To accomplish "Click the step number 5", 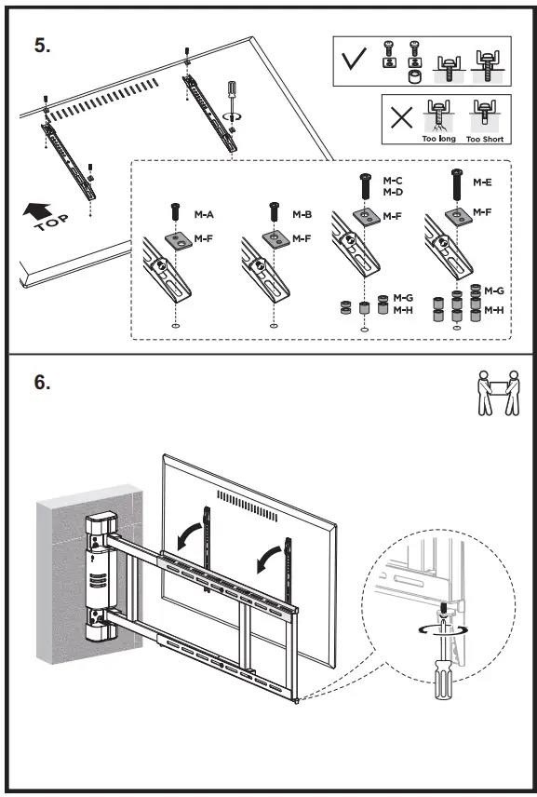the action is pyautogui.click(x=42, y=46).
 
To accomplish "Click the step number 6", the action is pyautogui.click(x=42, y=383).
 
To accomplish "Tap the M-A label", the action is pyautogui.click(x=204, y=214).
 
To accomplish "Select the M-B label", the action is pyautogui.click(x=302, y=214).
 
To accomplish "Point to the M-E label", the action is pyautogui.click(x=482, y=182).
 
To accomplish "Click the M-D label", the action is pyautogui.click(x=393, y=192).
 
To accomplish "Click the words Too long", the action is pyautogui.click(x=439, y=139).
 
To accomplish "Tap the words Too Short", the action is pyautogui.click(x=485, y=139).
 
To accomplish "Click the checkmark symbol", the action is pyautogui.click(x=354, y=59).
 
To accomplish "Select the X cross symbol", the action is pyautogui.click(x=401, y=118).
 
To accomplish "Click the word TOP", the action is pyautogui.click(x=52, y=223).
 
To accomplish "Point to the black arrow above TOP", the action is pyautogui.click(x=36, y=209).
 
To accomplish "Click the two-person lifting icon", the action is pyautogui.click(x=499, y=392).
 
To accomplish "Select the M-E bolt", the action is pyautogui.click(x=457, y=185).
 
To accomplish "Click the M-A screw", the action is pyautogui.click(x=176, y=211).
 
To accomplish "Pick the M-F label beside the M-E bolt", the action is pyautogui.click(x=482, y=212).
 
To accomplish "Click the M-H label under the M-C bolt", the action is pyautogui.click(x=403, y=310).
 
